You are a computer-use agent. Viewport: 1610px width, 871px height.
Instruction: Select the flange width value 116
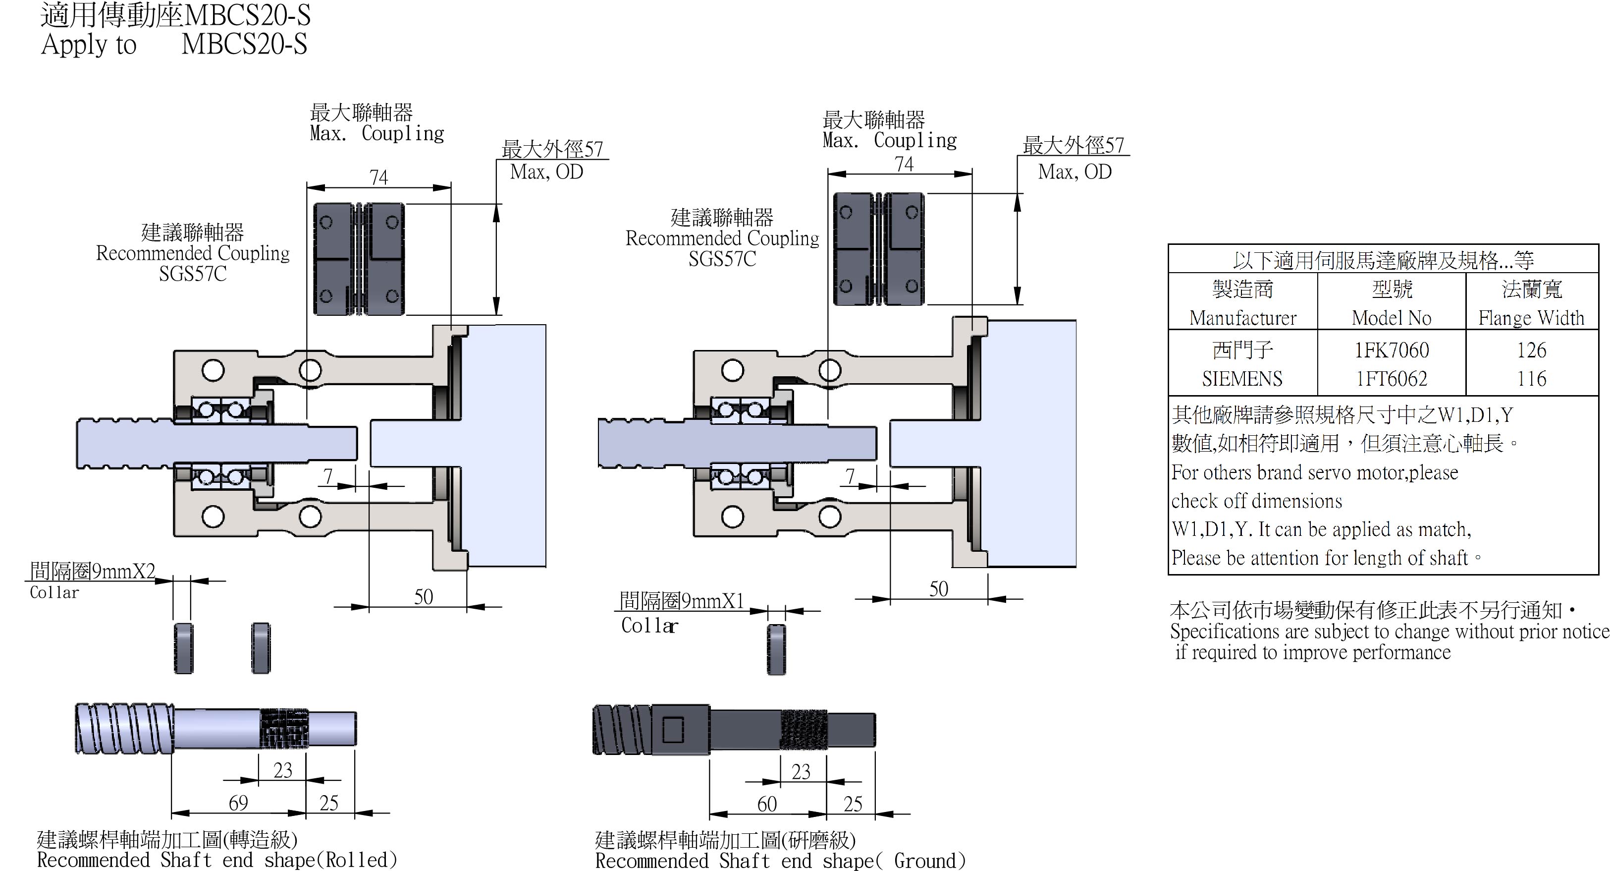(x=1531, y=378)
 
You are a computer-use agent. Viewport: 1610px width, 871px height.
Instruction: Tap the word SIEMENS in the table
(x=1242, y=378)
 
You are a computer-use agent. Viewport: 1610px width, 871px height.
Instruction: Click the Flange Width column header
(x=1531, y=318)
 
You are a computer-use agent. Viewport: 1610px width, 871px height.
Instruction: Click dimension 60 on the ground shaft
(x=767, y=804)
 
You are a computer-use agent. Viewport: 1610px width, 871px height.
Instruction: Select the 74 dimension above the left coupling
(x=379, y=177)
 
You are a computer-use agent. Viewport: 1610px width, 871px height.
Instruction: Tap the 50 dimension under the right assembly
(x=938, y=589)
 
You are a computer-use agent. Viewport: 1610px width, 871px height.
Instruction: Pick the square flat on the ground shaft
(x=673, y=729)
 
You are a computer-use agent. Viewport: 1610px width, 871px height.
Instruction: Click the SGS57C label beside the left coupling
(x=193, y=274)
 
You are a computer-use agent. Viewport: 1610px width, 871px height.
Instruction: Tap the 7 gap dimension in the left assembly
(x=328, y=476)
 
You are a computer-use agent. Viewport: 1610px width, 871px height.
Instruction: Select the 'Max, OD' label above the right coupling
(x=1074, y=172)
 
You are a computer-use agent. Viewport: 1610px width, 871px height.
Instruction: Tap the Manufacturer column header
(x=1242, y=318)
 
